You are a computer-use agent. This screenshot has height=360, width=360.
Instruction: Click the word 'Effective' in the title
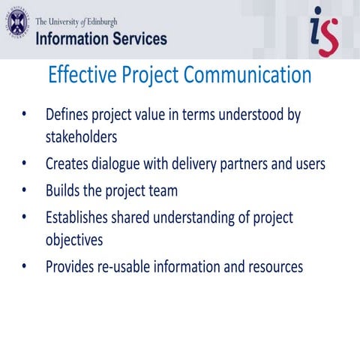click(83, 76)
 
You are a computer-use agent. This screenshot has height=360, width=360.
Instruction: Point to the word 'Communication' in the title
click(247, 76)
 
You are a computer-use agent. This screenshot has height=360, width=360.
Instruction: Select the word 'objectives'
click(73, 241)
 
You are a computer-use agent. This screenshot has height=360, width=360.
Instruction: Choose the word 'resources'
click(273, 266)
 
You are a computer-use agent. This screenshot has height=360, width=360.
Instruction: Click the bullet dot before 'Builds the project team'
click(25, 190)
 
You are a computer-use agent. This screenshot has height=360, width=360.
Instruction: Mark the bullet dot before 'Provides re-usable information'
click(25, 266)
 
